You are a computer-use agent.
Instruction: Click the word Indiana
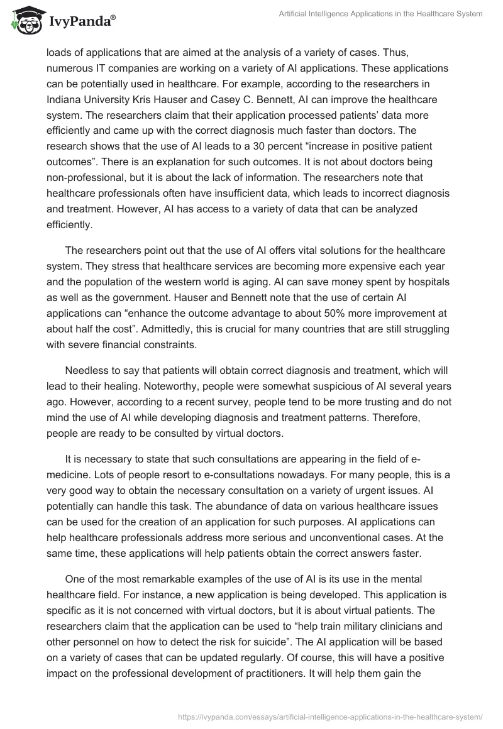tap(64, 101)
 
